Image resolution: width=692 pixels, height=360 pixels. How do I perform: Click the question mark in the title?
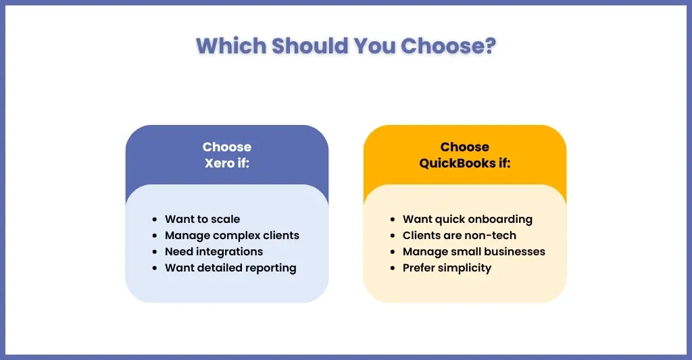coord(489,45)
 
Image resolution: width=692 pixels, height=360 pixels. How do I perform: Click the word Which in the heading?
coord(231,45)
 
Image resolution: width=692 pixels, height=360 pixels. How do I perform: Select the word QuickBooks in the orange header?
coord(458,163)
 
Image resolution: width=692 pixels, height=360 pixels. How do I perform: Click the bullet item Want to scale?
coord(203,220)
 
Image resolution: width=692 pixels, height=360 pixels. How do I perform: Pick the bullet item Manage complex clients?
coord(232,236)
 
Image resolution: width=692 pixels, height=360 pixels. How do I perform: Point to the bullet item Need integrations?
coord(214,251)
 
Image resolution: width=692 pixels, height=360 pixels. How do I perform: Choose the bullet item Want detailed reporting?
coord(231,267)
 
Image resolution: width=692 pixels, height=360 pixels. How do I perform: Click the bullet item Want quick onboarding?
coord(468,220)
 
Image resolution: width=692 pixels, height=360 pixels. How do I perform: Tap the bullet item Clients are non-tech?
coord(460,236)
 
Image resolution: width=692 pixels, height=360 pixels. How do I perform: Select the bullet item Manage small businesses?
coord(474,251)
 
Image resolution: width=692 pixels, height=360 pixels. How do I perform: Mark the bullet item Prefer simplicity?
coord(447,267)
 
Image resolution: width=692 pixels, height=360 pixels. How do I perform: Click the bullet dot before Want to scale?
coord(155,220)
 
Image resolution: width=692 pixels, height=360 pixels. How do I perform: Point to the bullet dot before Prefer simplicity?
coord(393,267)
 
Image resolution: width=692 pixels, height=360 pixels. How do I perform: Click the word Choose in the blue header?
coord(227,147)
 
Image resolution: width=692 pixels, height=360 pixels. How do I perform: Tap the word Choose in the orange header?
coord(465,147)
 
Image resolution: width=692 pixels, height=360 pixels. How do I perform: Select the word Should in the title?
coord(310,45)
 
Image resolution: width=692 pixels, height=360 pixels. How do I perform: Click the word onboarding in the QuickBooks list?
coord(500,220)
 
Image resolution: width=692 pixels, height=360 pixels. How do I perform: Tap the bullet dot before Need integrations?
coord(155,252)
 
